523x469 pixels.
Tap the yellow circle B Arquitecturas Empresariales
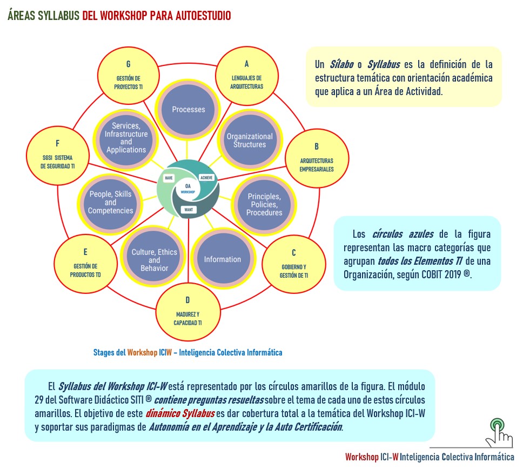click(317, 157)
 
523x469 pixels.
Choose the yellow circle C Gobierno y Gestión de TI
click(293, 263)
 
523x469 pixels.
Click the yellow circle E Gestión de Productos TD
click(85, 263)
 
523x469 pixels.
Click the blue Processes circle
click(188, 109)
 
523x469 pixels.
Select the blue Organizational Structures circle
click(249, 140)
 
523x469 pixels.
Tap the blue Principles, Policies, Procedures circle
click(264, 204)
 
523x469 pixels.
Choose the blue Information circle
click(222, 259)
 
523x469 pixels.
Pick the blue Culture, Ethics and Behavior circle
click(155, 260)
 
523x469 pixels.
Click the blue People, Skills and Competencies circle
click(111, 203)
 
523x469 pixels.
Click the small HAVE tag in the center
click(169, 177)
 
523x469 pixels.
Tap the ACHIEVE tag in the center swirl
click(206, 177)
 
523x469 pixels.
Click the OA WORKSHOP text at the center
click(187, 189)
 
